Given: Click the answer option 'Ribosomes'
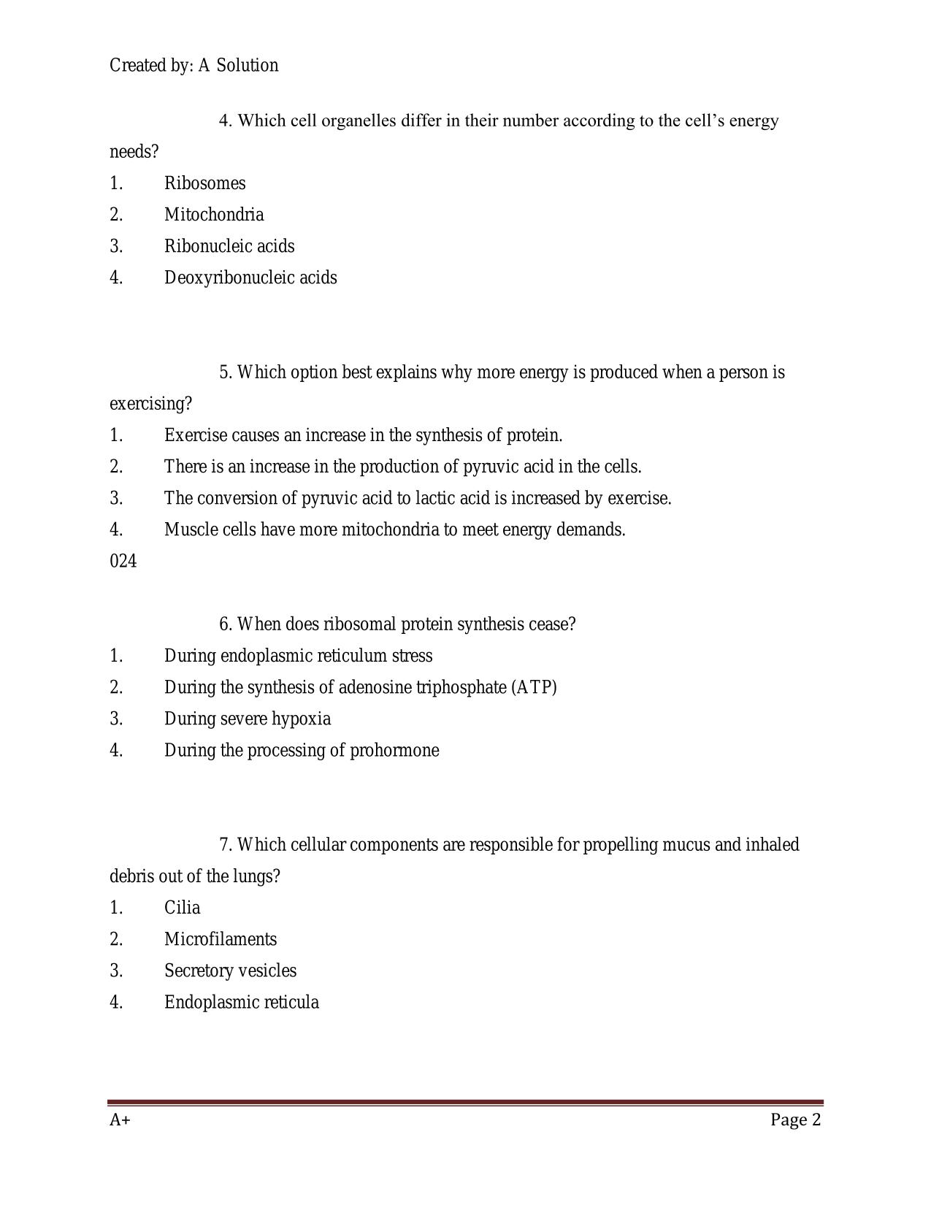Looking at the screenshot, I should coord(204,183).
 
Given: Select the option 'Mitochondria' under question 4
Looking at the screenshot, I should coord(214,215).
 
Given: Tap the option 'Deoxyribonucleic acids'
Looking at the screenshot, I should coord(250,278).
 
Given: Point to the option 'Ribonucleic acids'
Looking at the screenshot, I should coord(229,246).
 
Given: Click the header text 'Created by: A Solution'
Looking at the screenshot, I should coord(194,66).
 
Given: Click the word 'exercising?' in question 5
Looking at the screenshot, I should coord(150,404).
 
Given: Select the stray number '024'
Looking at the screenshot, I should coord(123,562).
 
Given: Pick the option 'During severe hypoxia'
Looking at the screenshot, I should coord(247,719).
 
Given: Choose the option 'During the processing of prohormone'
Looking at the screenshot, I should coord(302,750).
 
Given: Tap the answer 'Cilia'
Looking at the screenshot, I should coord(182,908).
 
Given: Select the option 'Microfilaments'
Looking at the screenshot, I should coord(221,939).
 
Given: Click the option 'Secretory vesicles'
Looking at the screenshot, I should coord(230,971).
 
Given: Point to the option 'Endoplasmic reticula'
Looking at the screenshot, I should coord(241,1002).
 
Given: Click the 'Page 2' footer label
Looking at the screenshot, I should coord(795,1120).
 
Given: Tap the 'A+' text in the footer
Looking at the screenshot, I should coord(120,1120).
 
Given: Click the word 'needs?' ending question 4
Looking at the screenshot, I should coord(134,152).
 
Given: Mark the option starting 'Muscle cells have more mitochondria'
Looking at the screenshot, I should coord(394,529).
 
